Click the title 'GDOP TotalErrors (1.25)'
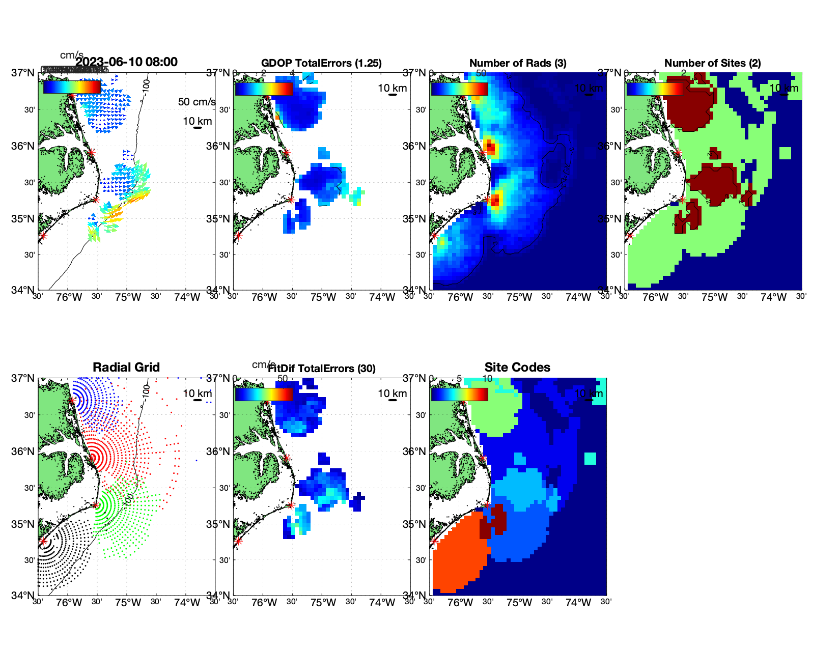click(321, 63)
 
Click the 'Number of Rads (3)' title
click(518, 63)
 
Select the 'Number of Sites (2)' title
click(712, 63)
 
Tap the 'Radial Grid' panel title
click(126, 368)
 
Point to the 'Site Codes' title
click(517, 368)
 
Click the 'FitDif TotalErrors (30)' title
click(322, 369)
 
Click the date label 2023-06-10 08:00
click(127, 62)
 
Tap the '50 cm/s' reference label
click(197, 102)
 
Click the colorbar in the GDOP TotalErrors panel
click(264, 89)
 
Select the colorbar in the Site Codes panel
click(459, 394)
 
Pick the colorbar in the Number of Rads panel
click(459, 89)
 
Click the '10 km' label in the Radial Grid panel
click(197, 393)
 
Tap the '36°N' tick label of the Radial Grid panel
click(23, 452)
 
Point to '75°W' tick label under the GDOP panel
click(323, 297)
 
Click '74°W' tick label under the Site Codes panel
click(578, 603)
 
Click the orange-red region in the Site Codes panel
click(458, 555)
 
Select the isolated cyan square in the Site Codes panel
click(590, 458)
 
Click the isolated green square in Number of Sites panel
click(785, 153)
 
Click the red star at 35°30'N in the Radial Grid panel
click(96, 505)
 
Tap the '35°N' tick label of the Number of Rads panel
click(414, 219)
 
